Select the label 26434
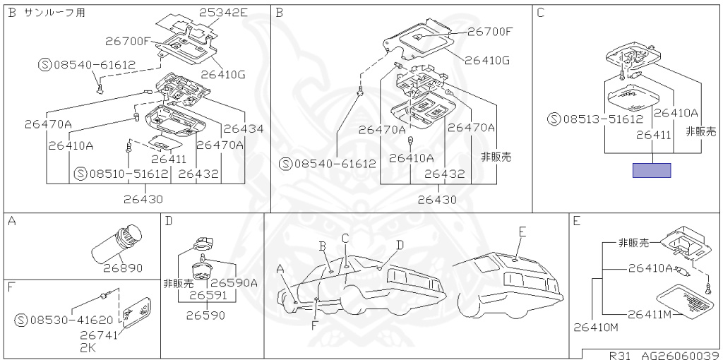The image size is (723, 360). [244, 128]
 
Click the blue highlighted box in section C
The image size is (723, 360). [651, 170]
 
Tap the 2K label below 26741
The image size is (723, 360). [87, 348]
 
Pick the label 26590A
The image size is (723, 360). [234, 283]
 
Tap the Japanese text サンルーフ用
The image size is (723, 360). [55, 13]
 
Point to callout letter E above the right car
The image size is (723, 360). [522, 232]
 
